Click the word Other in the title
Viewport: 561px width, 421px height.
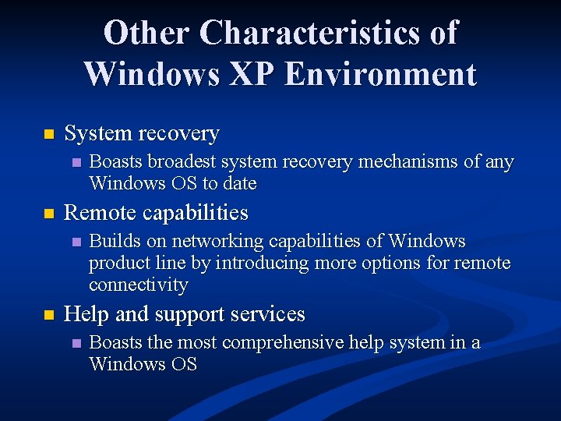tap(146, 34)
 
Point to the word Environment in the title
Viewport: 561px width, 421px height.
tap(380, 74)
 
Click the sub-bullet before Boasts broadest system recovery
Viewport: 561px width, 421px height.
tap(76, 163)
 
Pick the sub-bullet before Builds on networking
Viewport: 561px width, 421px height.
tap(76, 242)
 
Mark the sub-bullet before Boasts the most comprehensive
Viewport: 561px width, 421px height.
tap(76, 343)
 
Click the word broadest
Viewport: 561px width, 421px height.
tap(181, 162)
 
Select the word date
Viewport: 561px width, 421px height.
tap(239, 183)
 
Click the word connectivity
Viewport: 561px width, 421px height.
tap(138, 285)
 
